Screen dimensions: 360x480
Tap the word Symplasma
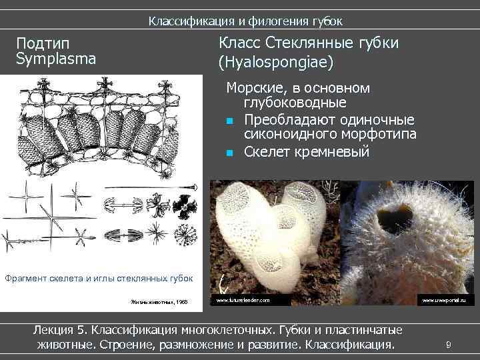tap(56, 59)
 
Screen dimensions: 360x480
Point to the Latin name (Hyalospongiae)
tap(275, 63)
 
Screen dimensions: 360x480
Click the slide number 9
tap(449, 345)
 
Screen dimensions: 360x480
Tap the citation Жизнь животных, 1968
tap(159, 302)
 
